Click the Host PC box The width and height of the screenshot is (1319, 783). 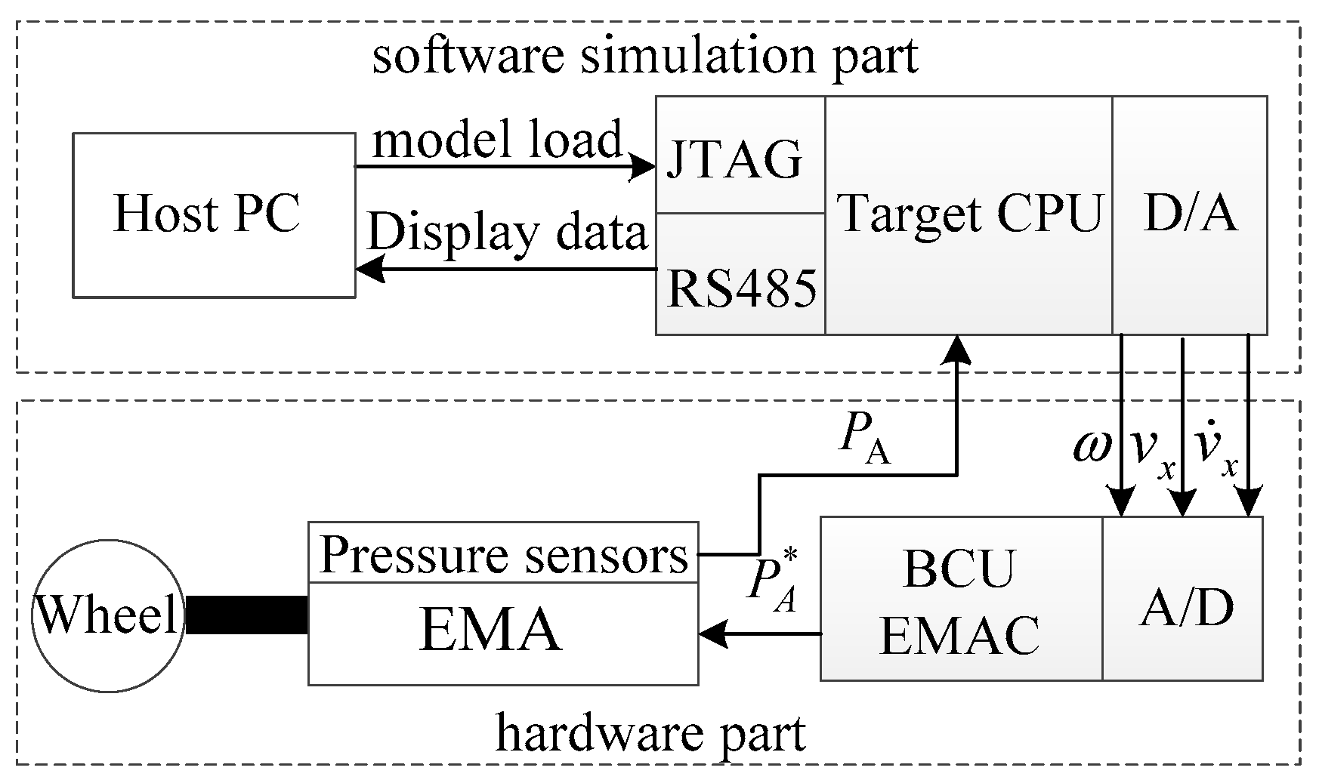point(214,214)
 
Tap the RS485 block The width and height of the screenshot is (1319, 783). point(740,288)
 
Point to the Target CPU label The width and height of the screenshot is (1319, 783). point(969,214)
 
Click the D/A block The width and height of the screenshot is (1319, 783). point(1189,214)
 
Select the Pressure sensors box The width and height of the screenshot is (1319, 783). point(503,554)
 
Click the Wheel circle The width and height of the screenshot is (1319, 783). point(107,615)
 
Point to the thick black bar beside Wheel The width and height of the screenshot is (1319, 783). point(246,615)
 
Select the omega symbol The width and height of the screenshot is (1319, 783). point(1092,446)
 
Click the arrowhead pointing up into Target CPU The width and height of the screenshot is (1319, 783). point(957,349)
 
